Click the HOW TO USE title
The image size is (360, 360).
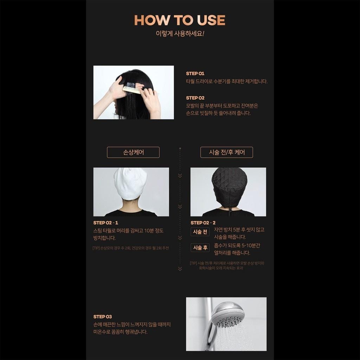coord(180,20)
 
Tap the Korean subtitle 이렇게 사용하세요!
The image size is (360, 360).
coord(180,33)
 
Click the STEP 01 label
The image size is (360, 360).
coord(195,73)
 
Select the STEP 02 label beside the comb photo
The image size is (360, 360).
coord(195,98)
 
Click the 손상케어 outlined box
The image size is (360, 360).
coord(133,152)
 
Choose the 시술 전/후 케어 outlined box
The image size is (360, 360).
coord(227,152)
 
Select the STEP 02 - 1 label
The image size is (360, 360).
coord(105,223)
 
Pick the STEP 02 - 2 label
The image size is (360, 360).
coord(203,223)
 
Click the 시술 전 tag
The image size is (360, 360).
coord(200,232)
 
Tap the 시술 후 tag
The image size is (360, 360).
coord(200,248)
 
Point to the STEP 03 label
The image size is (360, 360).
coord(102,317)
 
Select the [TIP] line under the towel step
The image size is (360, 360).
coord(131,248)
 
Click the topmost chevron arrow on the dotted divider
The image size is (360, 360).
coord(180,176)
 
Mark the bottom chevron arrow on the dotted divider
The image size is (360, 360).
coord(180,269)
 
